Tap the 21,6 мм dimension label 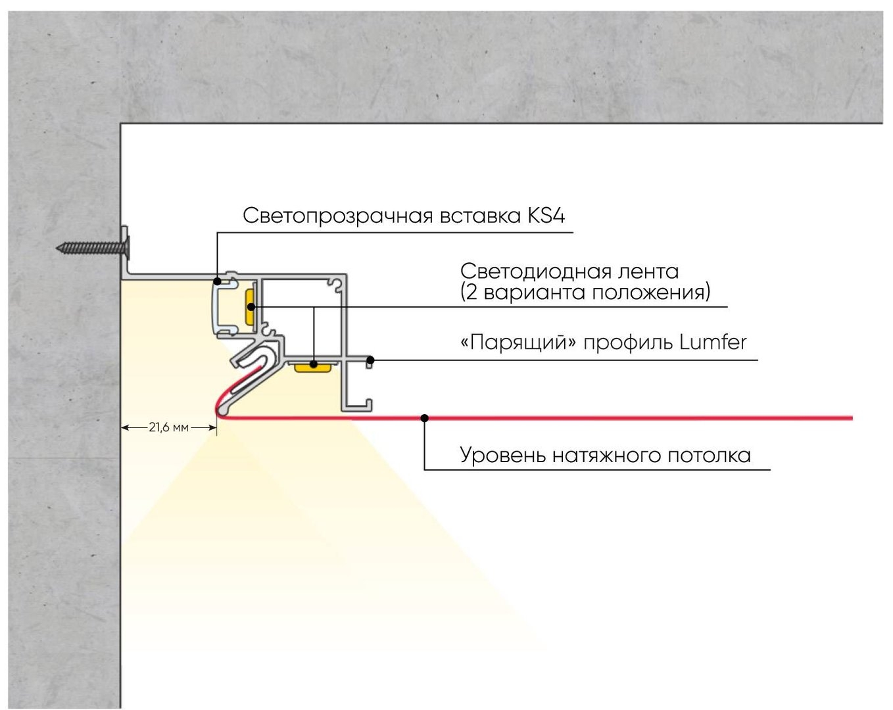[168, 428]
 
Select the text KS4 [546, 216]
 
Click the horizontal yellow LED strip [312, 366]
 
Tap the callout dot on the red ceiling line [425, 417]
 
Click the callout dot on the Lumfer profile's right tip [370, 360]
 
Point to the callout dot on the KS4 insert [217, 281]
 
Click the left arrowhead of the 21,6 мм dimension [126, 428]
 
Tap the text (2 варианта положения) [585, 292]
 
